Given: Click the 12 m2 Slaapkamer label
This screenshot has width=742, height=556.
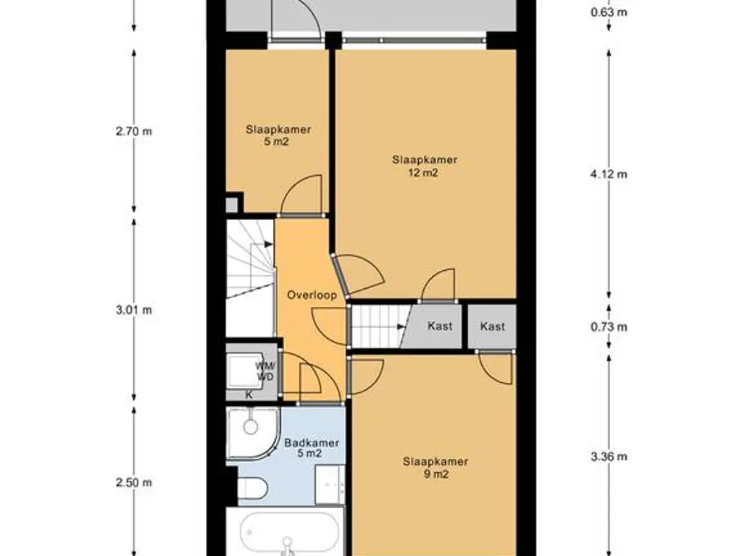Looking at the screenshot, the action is point(425,166).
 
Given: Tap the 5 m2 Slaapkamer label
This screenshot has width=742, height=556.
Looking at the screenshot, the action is point(278,135).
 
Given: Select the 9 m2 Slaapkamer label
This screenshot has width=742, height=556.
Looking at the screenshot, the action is point(435,468).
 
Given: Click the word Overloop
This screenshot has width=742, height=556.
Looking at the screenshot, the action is point(312,295).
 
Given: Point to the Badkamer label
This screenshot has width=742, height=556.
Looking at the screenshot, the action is point(312,447).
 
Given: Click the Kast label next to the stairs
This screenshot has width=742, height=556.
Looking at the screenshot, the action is point(440,326).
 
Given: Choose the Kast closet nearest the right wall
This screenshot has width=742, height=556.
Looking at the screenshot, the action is point(492,327).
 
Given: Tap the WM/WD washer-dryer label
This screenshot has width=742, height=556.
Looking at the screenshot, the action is point(266,371).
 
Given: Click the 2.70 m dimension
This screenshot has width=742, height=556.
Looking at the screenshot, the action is point(134,131).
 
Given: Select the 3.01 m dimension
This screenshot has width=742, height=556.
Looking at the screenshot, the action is point(134,310).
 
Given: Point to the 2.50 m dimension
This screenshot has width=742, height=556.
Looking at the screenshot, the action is point(134,483).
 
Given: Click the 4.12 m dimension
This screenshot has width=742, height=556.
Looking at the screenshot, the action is point(609,174).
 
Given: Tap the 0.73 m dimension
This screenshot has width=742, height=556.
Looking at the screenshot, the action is point(609,327).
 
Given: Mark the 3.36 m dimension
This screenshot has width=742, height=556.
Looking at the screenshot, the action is point(609,456).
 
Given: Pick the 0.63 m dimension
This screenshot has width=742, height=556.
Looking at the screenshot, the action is point(609,12).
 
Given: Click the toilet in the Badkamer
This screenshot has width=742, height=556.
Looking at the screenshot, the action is point(253,488).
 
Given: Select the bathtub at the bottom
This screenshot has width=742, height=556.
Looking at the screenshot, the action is point(288,532).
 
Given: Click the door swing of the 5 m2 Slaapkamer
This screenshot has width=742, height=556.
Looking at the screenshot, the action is point(301,194).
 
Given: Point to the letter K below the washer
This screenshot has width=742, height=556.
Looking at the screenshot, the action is point(249,395).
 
